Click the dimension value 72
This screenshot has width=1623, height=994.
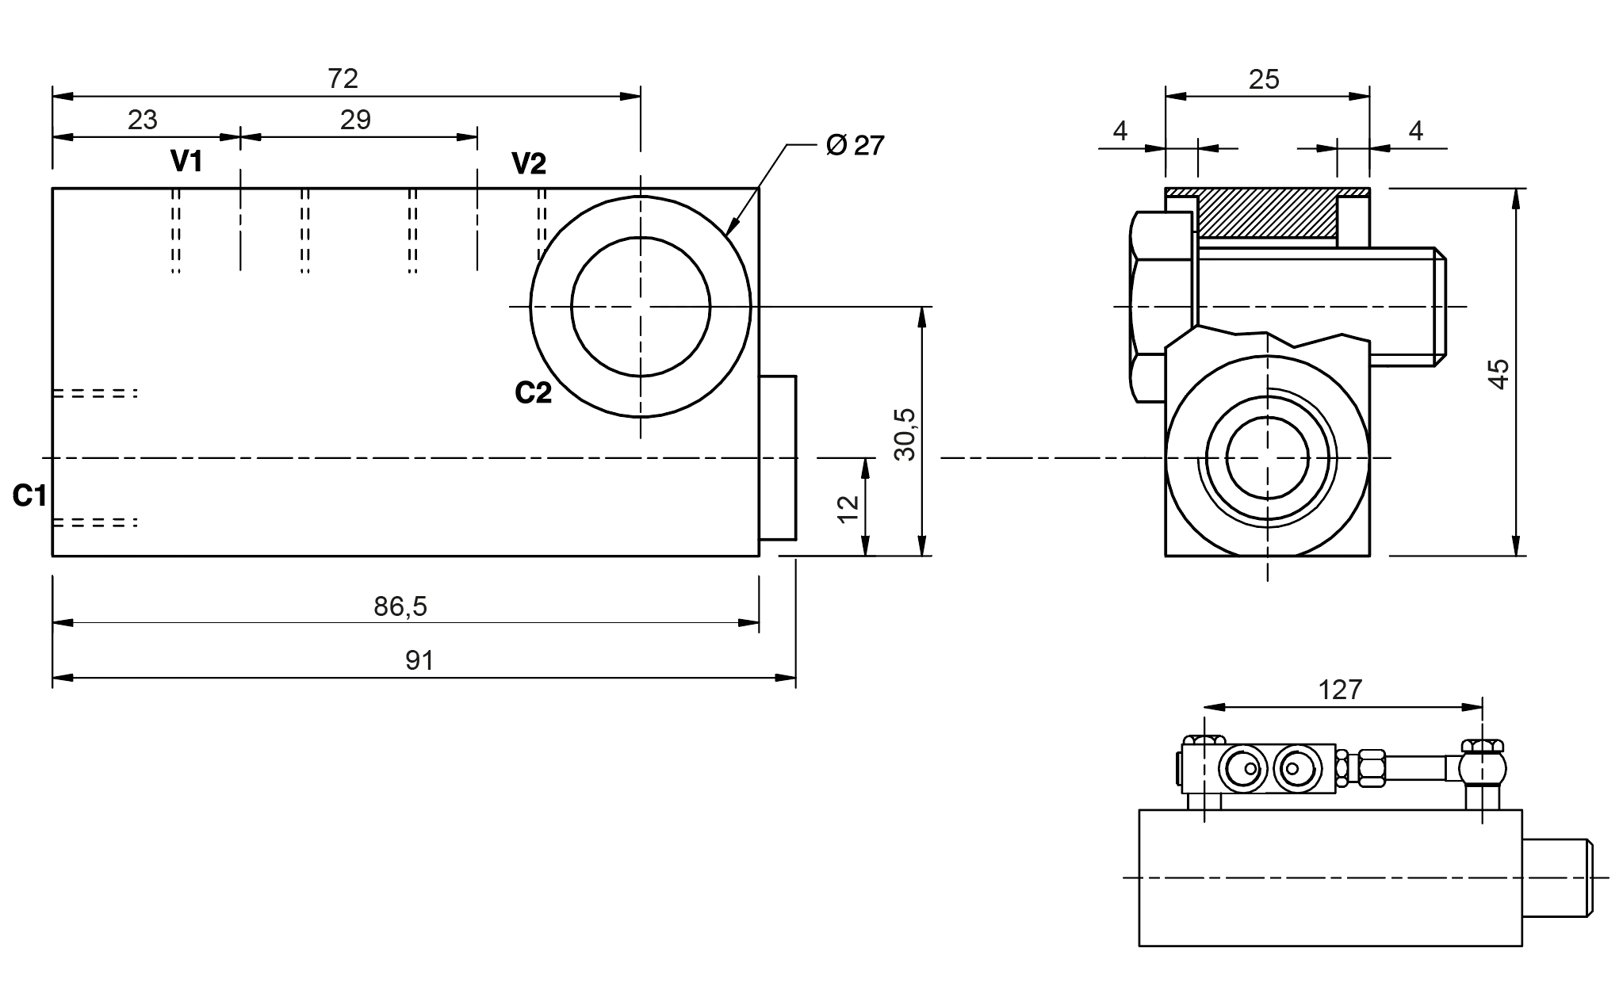343,78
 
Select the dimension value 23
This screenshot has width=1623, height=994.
143,120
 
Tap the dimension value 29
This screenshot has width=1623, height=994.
355,120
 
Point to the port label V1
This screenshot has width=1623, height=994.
187,162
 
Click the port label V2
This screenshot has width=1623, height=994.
529,164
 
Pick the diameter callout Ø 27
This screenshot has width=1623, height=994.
855,145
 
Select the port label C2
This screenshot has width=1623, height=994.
533,392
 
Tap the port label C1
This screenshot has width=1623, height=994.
29,496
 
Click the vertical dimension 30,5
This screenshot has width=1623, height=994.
905,434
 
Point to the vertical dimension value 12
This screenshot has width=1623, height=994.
848,508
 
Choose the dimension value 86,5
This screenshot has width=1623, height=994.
400,606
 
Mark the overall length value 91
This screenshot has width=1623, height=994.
419,660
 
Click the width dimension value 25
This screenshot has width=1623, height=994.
1264,79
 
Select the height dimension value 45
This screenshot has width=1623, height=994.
1499,373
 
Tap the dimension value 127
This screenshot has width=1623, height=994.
1340,690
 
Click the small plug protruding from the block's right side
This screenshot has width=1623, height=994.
778,458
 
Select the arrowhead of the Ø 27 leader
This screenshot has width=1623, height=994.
731,227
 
